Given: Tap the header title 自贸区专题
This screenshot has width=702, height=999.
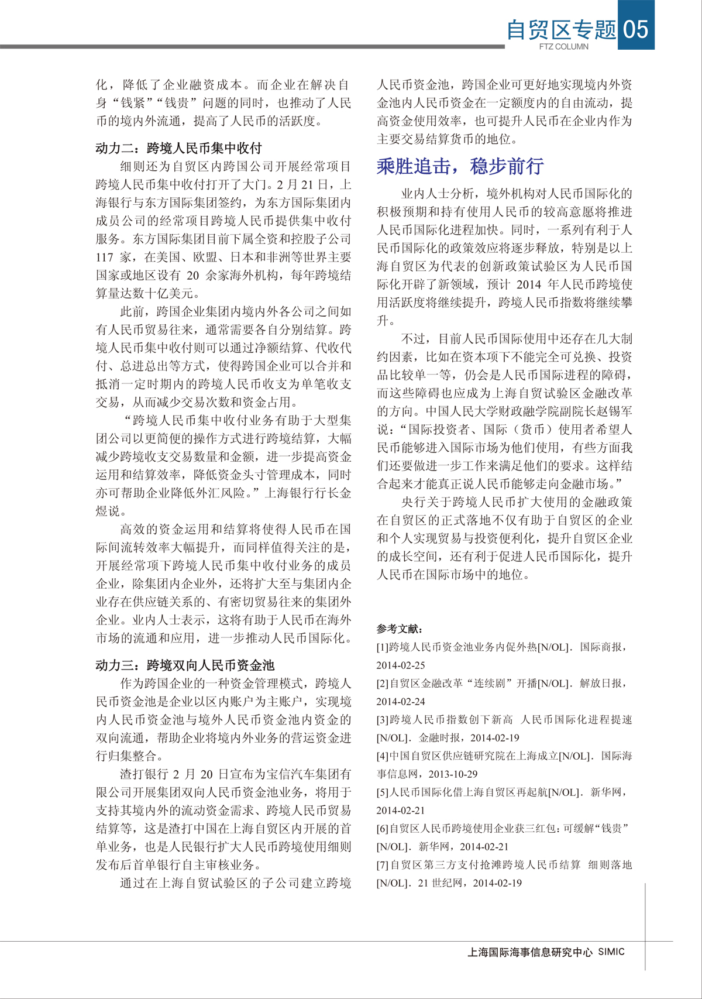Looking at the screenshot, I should coord(561,29).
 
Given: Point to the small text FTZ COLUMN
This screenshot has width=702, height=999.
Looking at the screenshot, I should coord(563,47).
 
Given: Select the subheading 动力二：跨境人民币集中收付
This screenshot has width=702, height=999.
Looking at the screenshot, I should coord(178,148).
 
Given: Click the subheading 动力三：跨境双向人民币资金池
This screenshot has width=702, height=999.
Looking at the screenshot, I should coord(185,665).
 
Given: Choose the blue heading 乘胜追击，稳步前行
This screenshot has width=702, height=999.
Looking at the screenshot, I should coord(460,166).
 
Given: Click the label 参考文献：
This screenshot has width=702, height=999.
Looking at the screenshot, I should coord(400,629).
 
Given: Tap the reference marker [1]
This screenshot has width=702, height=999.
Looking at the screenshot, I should coord(383,647).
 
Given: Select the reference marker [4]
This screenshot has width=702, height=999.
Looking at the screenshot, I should coord(383,756).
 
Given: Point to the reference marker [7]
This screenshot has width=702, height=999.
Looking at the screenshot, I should coord(383,865).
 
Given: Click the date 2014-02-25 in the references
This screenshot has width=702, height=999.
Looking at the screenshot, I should coord(401,665).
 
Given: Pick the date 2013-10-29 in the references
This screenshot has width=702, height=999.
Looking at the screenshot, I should coord(453,774).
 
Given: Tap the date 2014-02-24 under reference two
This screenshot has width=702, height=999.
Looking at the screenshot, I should coord(401,702).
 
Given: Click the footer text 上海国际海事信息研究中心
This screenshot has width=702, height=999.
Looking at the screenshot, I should coord(530,952).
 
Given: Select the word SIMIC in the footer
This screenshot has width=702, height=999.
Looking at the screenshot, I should coord(611,952).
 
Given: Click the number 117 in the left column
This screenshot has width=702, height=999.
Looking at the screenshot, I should coord(105,257).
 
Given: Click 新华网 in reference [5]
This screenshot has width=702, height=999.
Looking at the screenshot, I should coord(605,792).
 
